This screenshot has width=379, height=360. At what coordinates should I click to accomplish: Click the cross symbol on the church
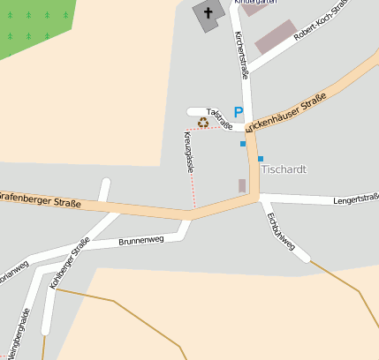pyautogui.click(x=209, y=12)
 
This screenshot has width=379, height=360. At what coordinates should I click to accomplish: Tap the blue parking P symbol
pyautogui.click(x=238, y=113)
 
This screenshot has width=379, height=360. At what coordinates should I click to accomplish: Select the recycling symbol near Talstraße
pyautogui.click(x=204, y=123)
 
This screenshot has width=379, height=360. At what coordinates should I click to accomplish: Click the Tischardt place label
pyautogui.click(x=283, y=169)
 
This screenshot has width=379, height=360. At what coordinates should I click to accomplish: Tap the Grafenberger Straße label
pyautogui.click(x=40, y=200)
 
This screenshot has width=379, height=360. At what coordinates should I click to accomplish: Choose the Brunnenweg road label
pyautogui.click(x=141, y=240)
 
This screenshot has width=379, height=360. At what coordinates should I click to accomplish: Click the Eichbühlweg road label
pyautogui.click(x=280, y=231)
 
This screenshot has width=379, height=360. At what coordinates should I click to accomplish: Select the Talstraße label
pyautogui.click(x=221, y=121)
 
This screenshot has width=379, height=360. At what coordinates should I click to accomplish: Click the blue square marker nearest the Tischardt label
pyautogui.click(x=261, y=159)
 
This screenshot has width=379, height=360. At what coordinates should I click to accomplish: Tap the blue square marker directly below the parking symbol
pyautogui.click(x=243, y=143)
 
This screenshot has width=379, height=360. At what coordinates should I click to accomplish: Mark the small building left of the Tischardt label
pyautogui.click(x=242, y=185)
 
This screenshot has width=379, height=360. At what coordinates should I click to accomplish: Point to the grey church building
pyautogui.click(x=208, y=17)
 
